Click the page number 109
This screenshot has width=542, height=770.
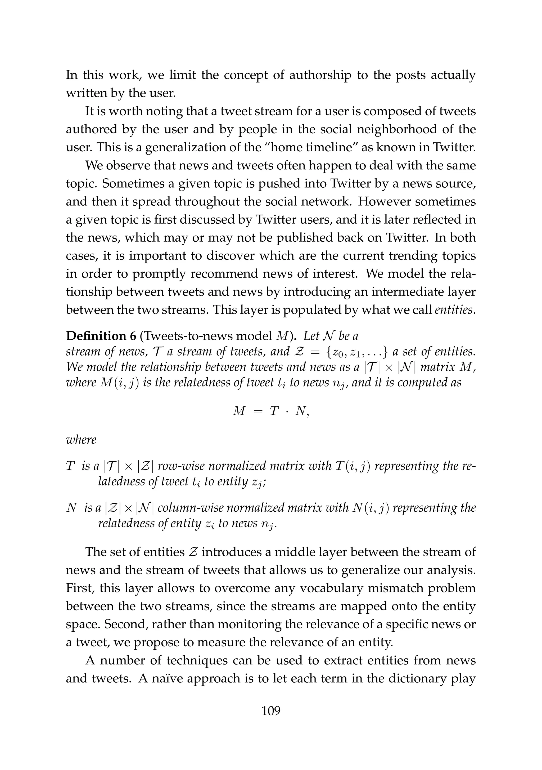[x=271, y=710]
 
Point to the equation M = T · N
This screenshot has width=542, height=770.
[x=271, y=411]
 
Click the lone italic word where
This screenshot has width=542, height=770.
[x=81, y=439]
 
